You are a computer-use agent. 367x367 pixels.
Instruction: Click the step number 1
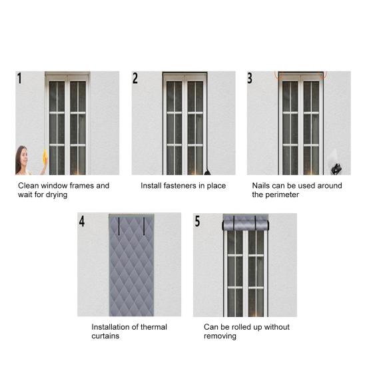[x=20, y=79]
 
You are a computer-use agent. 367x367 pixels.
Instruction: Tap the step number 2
[x=135, y=79]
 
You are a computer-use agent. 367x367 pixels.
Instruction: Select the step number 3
[x=250, y=78]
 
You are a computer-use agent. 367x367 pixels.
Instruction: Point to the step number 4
[x=82, y=221]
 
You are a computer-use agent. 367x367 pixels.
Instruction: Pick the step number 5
[x=197, y=221]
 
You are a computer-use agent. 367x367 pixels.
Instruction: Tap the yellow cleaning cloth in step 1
[x=45, y=158]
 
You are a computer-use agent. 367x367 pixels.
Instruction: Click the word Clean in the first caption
[x=29, y=186]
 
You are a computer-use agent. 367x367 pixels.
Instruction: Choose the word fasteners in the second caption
[x=180, y=186]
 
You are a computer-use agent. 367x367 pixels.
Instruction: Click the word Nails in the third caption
[x=262, y=186]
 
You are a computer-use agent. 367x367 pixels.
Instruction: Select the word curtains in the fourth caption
[x=106, y=336]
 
